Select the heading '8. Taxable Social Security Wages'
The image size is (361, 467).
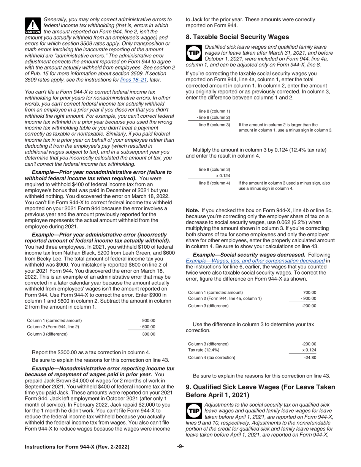(237, 37)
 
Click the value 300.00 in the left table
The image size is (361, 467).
(149, 334)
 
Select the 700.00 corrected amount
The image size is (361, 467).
(310, 292)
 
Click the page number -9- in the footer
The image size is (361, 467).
(180, 446)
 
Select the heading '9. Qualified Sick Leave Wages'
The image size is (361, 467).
(260, 391)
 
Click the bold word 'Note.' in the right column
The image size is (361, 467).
(192, 210)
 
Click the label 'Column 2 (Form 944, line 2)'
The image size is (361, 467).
(53, 327)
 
